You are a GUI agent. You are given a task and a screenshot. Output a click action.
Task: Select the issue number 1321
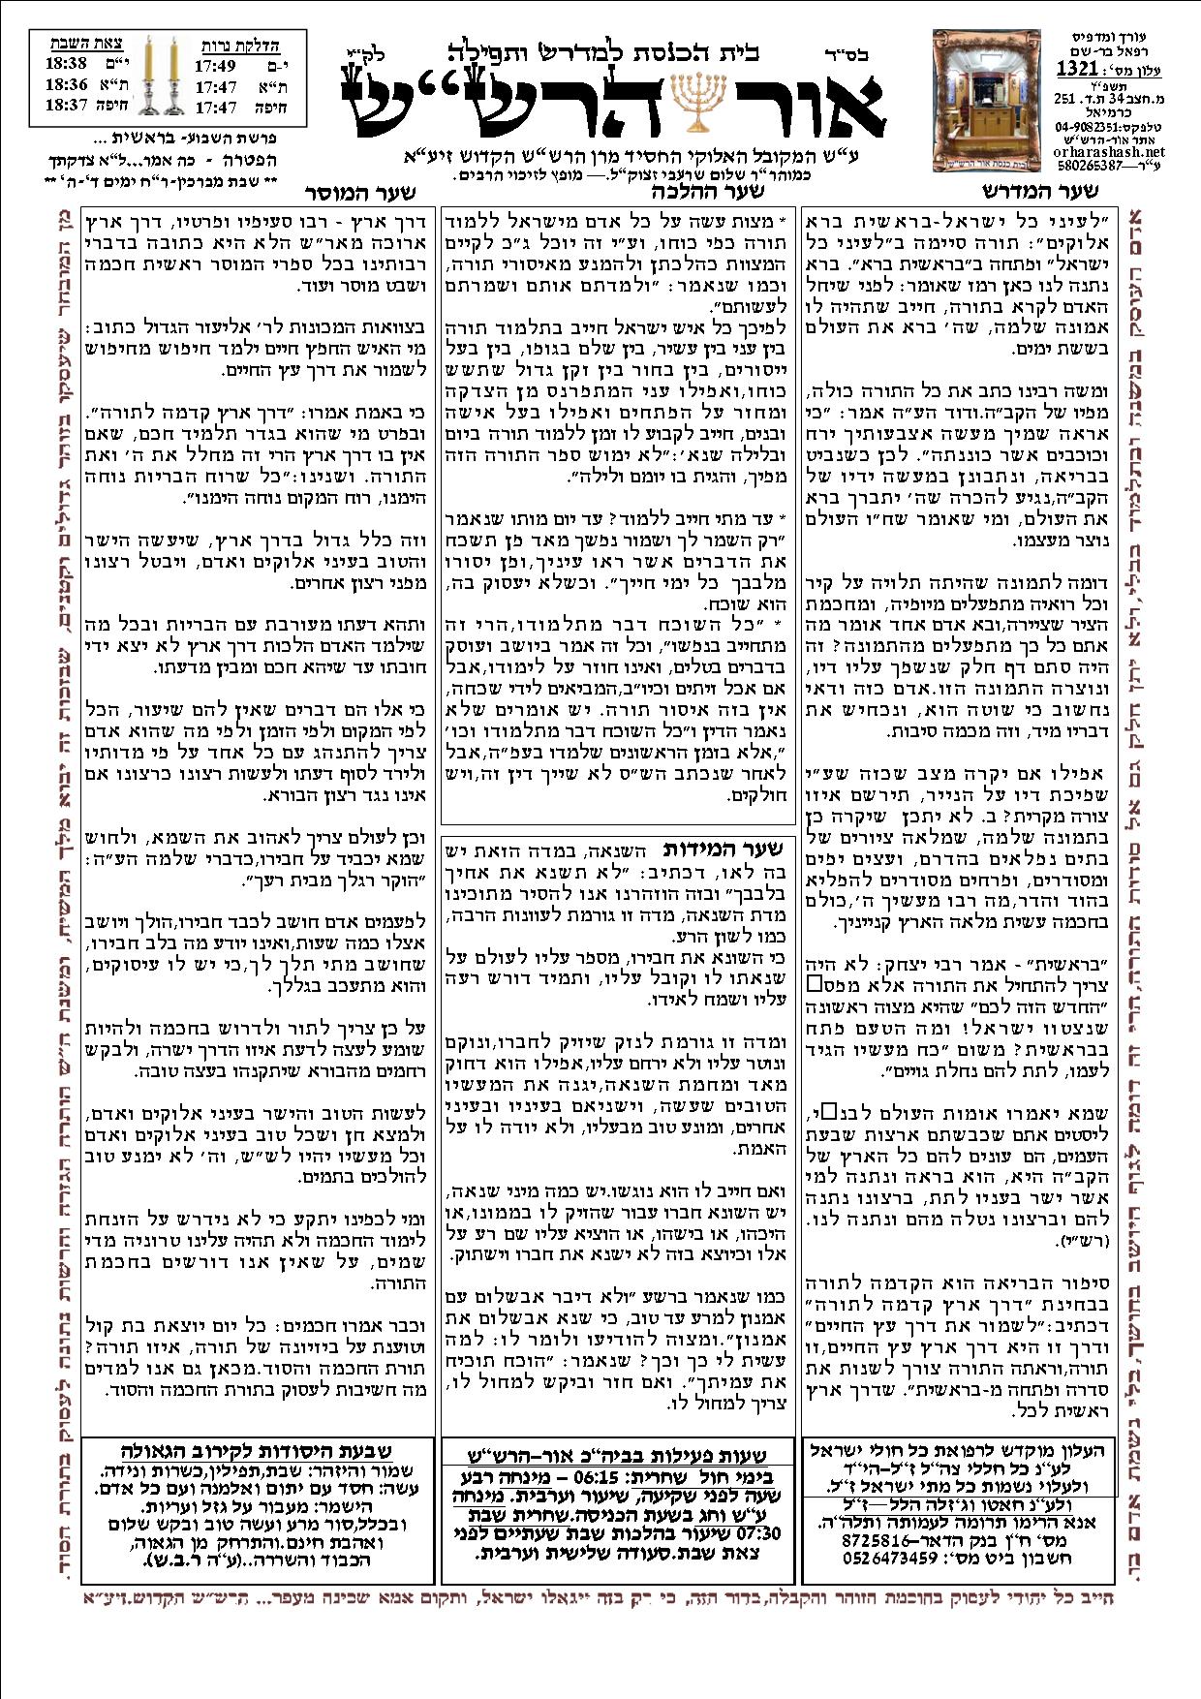pos(1076,69)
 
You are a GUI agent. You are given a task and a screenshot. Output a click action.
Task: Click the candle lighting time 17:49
pos(216,66)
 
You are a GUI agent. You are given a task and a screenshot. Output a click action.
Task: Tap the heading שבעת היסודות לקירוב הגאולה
pos(258,1450)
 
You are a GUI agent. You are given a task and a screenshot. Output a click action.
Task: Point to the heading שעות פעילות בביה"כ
pos(620,1456)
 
